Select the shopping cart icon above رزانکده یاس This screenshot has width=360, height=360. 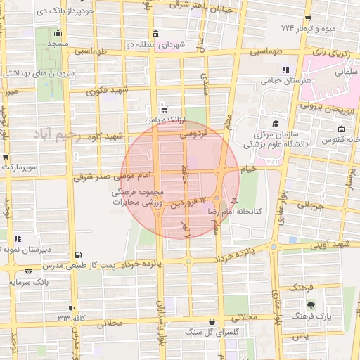pos(164,110)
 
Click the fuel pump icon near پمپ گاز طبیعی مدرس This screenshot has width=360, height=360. pos(77,255)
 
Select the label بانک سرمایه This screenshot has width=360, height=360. pos(27,282)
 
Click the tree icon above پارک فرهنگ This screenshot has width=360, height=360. pos(311,305)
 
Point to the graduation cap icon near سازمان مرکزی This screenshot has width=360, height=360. pos(274,123)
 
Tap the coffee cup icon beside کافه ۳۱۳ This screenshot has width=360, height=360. pos(72,309)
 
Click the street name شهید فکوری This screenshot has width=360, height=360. pos(108,91)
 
